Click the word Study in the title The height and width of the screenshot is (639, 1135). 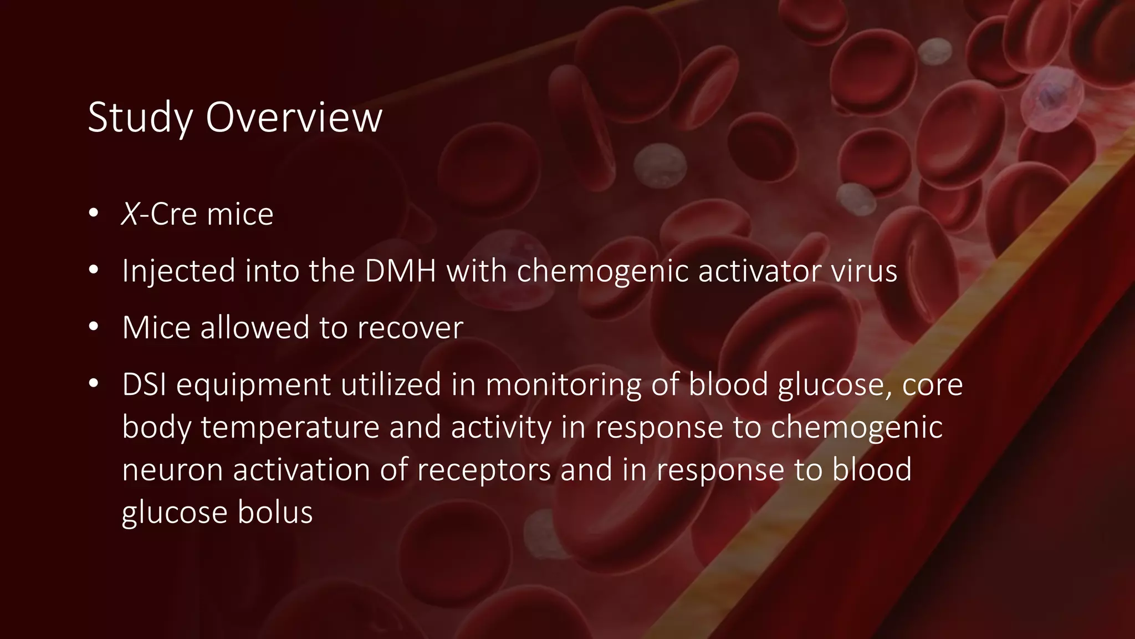coord(140,118)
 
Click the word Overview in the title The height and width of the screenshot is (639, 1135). coord(294,118)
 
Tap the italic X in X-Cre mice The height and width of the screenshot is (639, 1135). coord(130,214)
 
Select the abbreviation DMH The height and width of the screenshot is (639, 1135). coord(400,271)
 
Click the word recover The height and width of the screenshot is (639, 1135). coord(410,327)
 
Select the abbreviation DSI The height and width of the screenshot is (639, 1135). coord(144,384)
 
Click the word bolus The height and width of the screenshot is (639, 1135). coord(275,512)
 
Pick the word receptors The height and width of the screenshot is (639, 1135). coord(484,470)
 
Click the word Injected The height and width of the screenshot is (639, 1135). coord(178,271)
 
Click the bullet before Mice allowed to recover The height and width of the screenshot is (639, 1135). coord(93,327)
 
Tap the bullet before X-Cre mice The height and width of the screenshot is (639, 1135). coord(93,214)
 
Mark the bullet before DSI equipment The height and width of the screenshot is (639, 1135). coord(93,384)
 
